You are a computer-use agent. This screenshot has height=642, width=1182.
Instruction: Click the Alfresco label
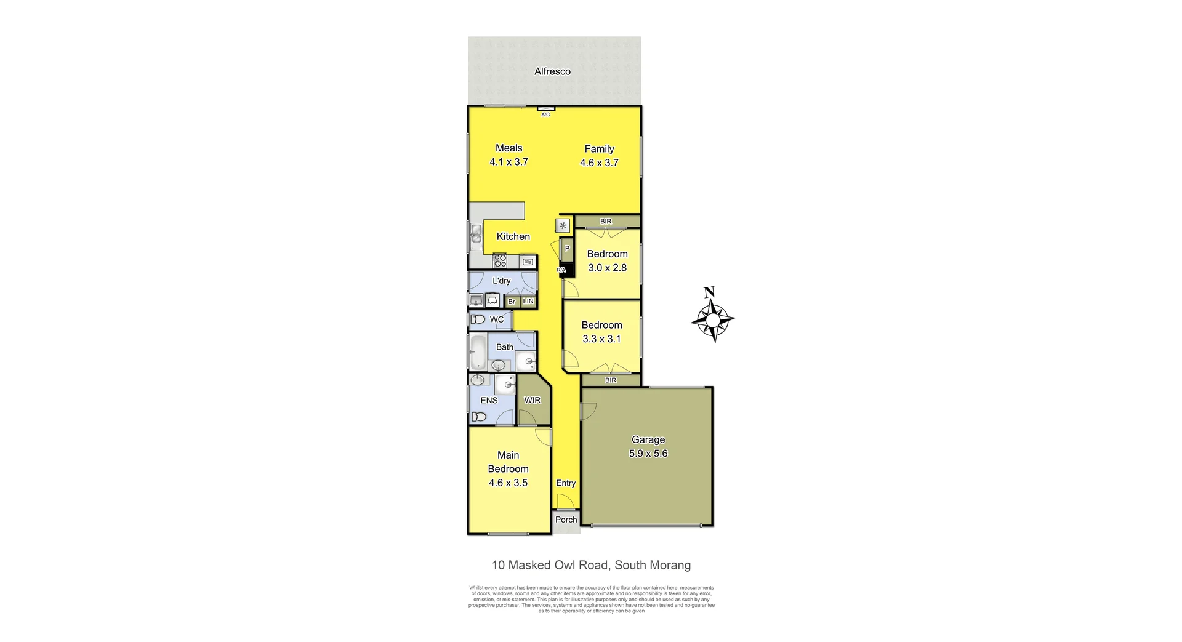pos(552,71)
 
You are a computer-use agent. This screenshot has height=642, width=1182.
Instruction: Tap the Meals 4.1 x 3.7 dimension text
pos(509,162)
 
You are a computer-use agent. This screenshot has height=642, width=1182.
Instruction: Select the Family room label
pos(599,149)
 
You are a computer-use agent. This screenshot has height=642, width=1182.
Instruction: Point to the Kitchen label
pos(513,236)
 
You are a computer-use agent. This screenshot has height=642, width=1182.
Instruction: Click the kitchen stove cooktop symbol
pos(500,261)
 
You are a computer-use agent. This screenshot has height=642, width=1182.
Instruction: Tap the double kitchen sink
pos(476,234)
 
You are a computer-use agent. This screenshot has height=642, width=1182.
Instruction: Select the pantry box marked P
pos(567,249)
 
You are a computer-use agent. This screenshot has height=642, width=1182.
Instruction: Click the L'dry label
pos(501,281)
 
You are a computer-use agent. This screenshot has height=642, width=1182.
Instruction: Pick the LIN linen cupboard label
pos(528,301)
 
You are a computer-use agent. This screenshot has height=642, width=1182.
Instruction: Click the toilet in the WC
pos(478,319)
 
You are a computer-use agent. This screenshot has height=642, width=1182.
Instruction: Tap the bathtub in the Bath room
pos(478,352)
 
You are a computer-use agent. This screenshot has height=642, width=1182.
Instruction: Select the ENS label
pos(489,400)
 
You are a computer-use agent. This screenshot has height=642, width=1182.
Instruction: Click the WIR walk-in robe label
pos(532,400)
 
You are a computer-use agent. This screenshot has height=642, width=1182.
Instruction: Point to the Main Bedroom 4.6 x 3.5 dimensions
pos(508,483)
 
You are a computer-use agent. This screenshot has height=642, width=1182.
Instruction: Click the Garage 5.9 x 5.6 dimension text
pos(648,454)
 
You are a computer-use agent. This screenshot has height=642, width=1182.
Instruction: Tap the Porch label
pos(566,520)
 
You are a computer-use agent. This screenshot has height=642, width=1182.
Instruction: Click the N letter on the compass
pos(709,292)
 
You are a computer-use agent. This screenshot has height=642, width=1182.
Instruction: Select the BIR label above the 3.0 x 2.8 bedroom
pos(606,221)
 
